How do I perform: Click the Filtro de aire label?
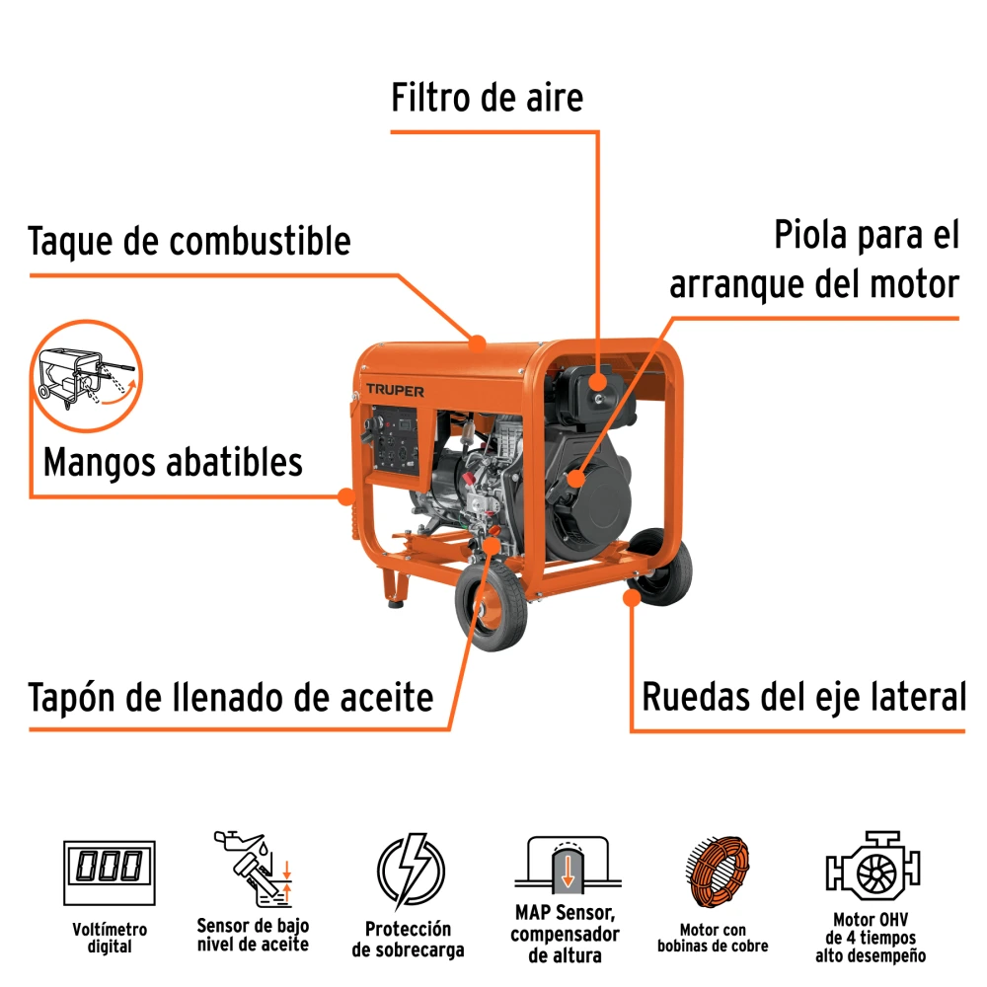[488, 98]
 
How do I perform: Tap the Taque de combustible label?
[190, 241]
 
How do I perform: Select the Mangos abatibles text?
[173, 463]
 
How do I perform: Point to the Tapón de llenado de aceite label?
[231, 698]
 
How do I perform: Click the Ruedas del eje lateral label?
[803, 697]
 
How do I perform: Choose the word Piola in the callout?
[809, 235]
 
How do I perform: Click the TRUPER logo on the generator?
[396, 391]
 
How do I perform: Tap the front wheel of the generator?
[491, 607]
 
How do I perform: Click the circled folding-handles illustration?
[86, 376]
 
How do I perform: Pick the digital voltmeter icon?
[110, 873]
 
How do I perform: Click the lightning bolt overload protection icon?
[411, 871]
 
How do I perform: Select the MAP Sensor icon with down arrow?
[568, 865]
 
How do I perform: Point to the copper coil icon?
[719, 872]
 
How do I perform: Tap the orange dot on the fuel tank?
[478, 343]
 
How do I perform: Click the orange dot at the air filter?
[597, 381]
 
